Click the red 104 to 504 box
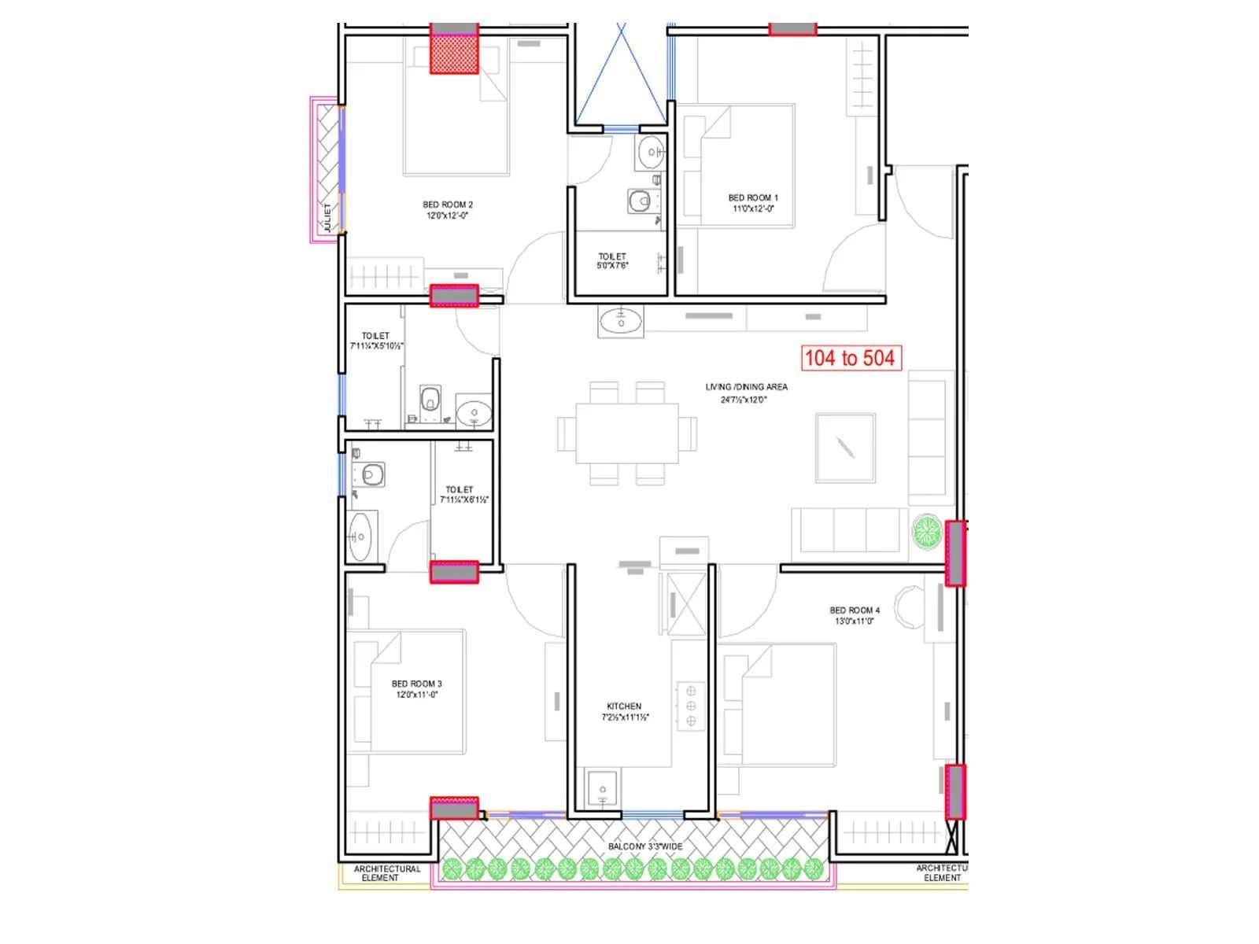(850, 359)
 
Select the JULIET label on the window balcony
(328, 217)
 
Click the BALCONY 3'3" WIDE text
(645, 846)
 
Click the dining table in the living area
(626, 433)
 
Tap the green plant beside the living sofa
(927, 532)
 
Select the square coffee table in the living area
(845, 448)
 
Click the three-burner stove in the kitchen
(691, 706)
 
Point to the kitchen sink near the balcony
(602, 788)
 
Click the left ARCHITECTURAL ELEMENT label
(386, 873)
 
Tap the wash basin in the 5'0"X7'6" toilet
(651, 152)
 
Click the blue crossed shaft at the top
(622, 75)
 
